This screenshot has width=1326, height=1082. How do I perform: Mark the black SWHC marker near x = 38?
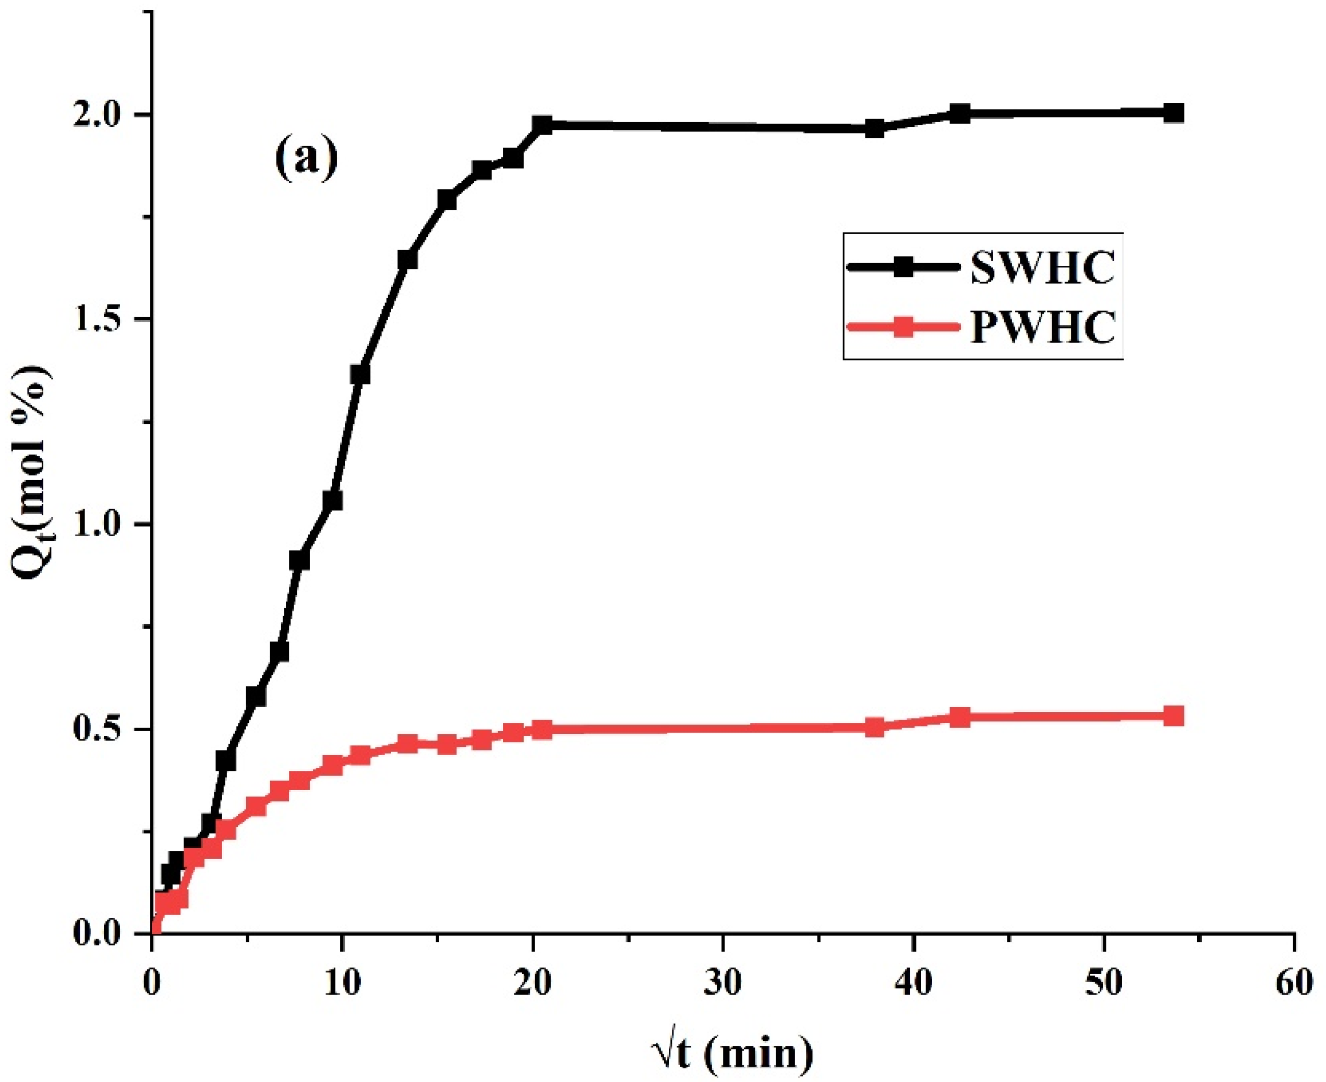(875, 129)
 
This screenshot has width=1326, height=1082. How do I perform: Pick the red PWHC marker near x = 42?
(961, 717)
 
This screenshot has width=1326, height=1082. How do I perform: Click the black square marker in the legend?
(903, 267)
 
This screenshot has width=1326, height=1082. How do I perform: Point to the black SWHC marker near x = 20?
(543, 125)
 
